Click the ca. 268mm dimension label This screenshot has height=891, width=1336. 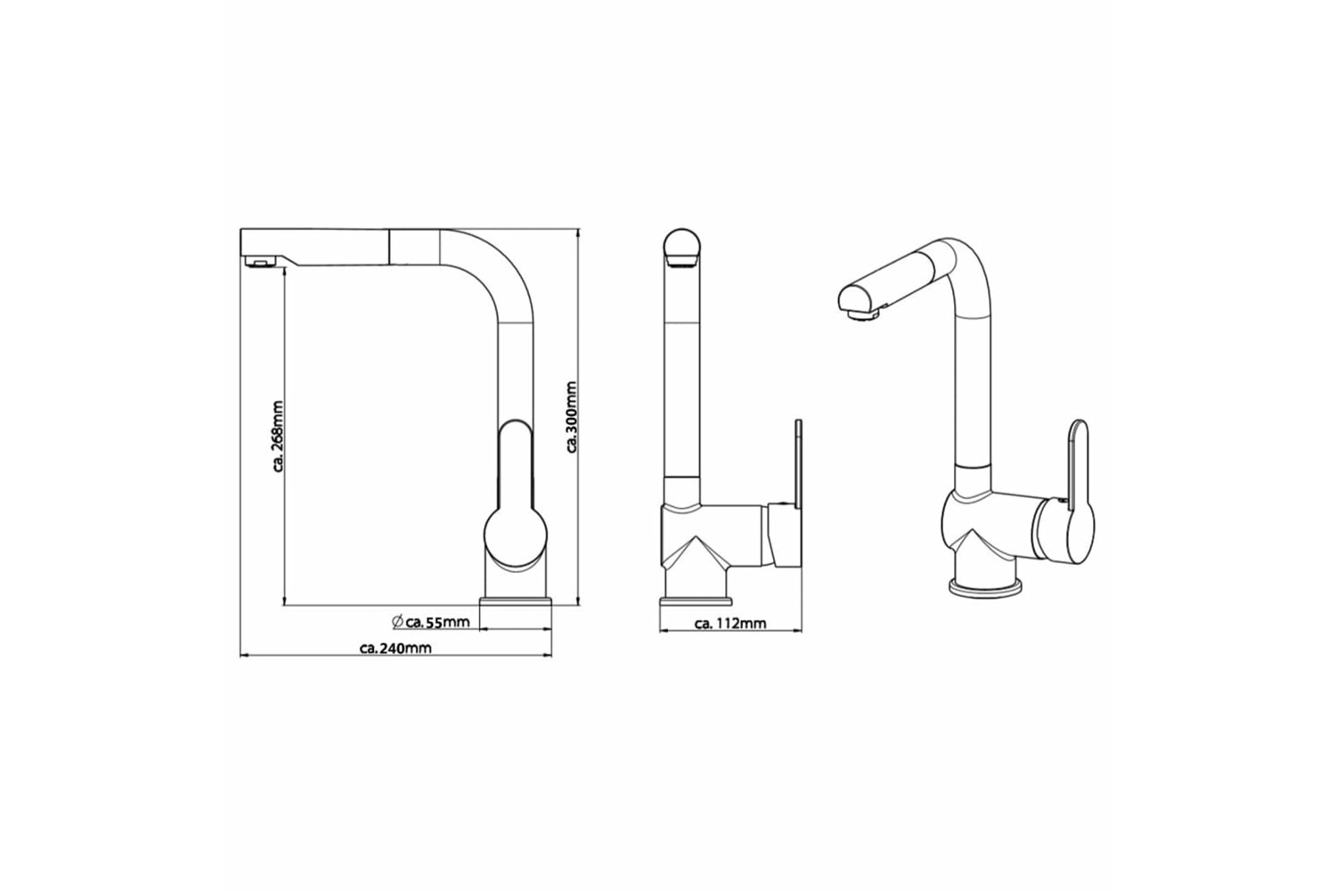279,437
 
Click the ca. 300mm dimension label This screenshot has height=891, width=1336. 572,417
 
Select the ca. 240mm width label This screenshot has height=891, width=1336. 395,648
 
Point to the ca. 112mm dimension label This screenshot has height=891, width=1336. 730,625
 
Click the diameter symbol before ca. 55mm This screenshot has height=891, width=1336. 398,621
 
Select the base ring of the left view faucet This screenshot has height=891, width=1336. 516,601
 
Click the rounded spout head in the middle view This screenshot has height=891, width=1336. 681,249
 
